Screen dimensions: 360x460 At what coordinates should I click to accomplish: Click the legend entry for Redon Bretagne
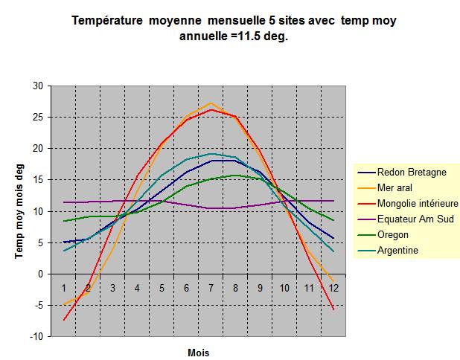click(x=412, y=172)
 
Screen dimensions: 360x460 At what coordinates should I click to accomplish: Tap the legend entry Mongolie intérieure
click(x=417, y=203)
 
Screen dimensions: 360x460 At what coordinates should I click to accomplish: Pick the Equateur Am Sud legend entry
click(x=415, y=219)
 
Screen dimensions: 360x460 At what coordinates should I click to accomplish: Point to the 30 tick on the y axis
click(x=38, y=86)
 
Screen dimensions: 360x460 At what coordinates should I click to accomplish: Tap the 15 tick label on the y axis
click(x=38, y=179)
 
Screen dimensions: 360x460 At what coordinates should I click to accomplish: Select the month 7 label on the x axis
click(x=211, y=287)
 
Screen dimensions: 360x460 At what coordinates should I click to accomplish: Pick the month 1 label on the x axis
click(x=64, y=287)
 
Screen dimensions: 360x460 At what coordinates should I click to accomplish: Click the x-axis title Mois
click(x=198, y=352)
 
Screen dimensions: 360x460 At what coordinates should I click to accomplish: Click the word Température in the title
click(x=108, y=22)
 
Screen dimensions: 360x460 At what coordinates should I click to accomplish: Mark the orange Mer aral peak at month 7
click(x=211, y=103)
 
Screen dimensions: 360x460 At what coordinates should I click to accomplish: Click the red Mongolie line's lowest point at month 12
click(x=333, y=309)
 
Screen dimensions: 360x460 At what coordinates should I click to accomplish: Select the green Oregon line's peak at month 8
click(x=235, y=176)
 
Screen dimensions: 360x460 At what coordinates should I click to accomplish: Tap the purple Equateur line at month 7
click(x=211, y=208)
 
